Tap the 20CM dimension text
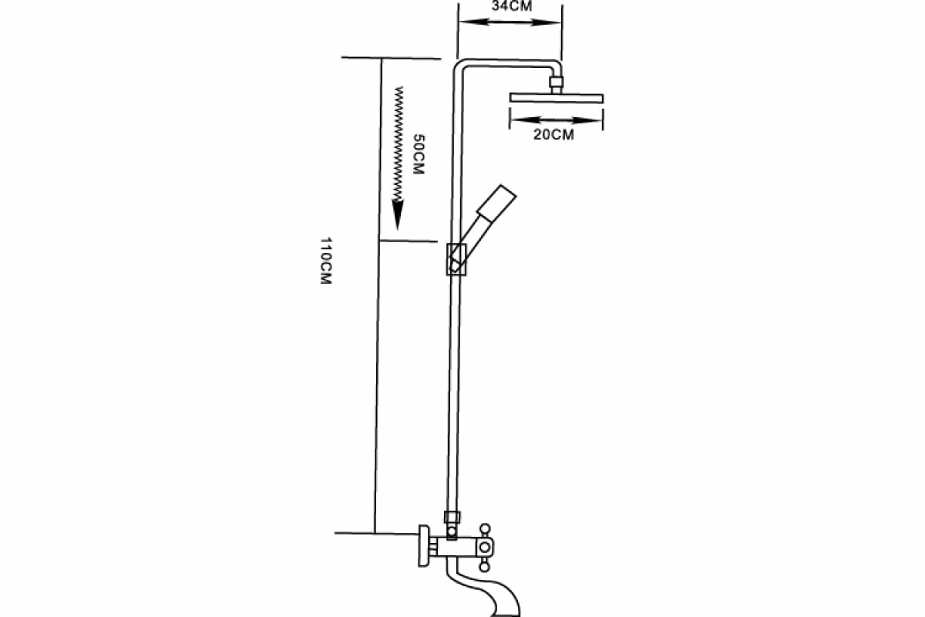(x=555, y=135)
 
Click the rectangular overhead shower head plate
(x=557, y=97)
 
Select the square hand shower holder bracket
(x=456, y=258)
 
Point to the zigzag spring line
(x=399, y=143)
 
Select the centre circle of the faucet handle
(x=485, y=548)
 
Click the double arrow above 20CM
(x=556, y=120)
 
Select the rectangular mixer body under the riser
(x=455, y=548)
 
